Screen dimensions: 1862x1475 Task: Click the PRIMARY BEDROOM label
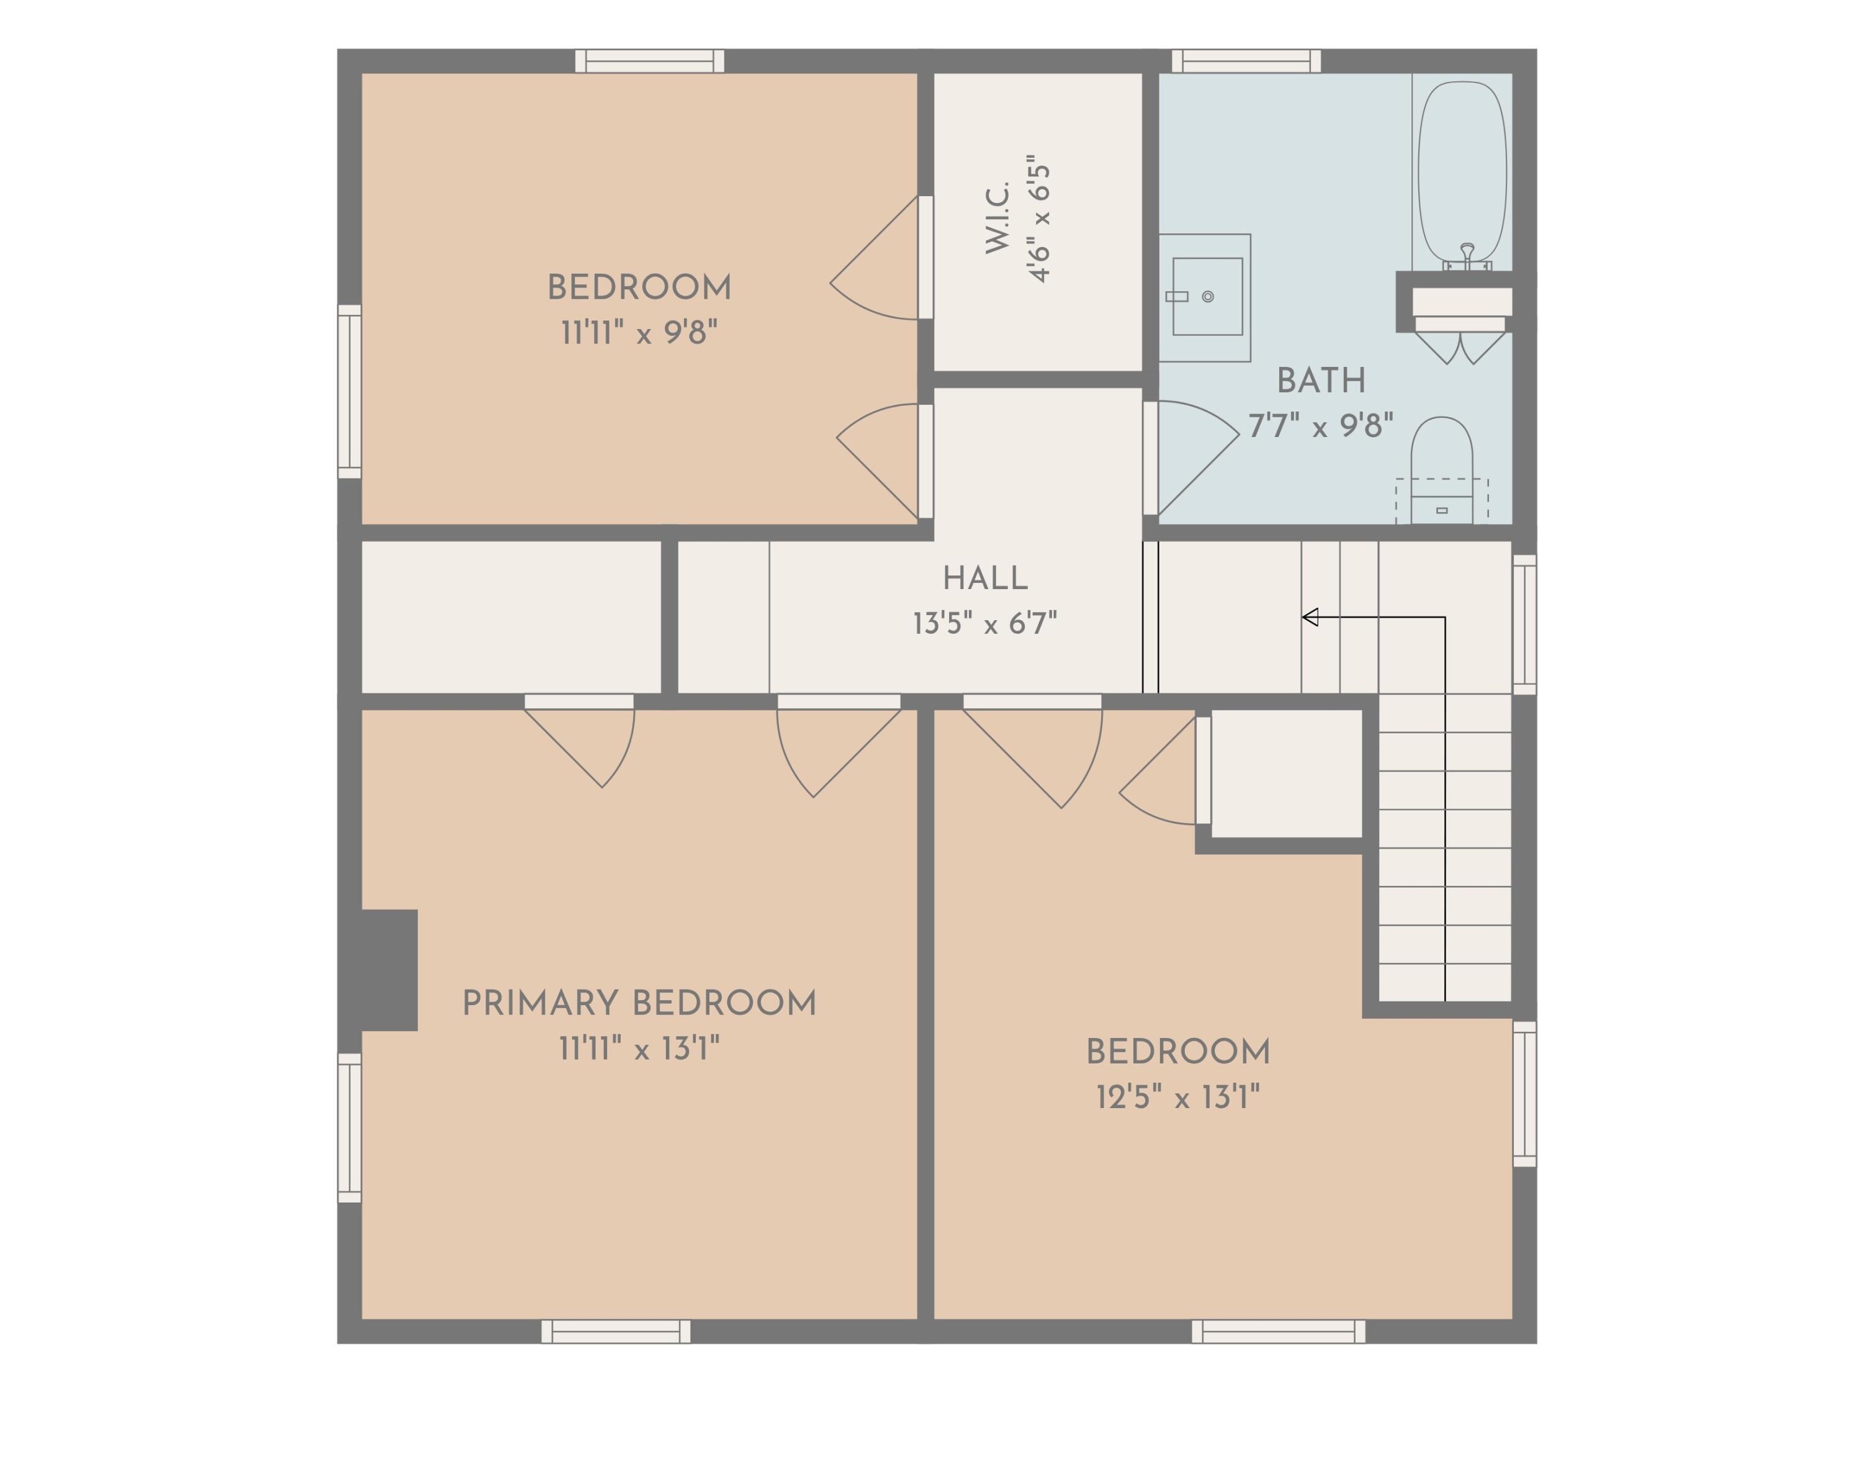pos(639,1003)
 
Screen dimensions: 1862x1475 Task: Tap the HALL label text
pos(985,578)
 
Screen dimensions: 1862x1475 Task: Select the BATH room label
pos(1321,380)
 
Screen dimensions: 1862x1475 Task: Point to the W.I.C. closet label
pos(998,218)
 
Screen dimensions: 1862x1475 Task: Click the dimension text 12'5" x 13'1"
pos(1177,1098)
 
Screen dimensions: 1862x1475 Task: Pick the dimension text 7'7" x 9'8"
pos(1321,426)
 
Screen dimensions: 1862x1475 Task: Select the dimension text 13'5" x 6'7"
pos(985,623)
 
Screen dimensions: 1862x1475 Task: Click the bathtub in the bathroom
pos(1462,172)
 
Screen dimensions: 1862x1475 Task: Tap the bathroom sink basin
pos(1207,296)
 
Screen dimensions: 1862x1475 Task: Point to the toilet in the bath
pos(1442,471)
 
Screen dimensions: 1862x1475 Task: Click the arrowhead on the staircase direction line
pos(1310,616)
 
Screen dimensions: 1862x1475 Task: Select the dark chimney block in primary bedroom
pos(389,970)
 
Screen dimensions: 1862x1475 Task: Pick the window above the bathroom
pos(1246,60)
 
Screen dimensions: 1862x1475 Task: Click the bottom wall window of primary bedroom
pos(616,1331)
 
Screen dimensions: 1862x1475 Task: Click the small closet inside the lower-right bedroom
pos(1286,773)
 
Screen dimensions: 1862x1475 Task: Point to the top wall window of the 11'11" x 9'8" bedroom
pos(649,60)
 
